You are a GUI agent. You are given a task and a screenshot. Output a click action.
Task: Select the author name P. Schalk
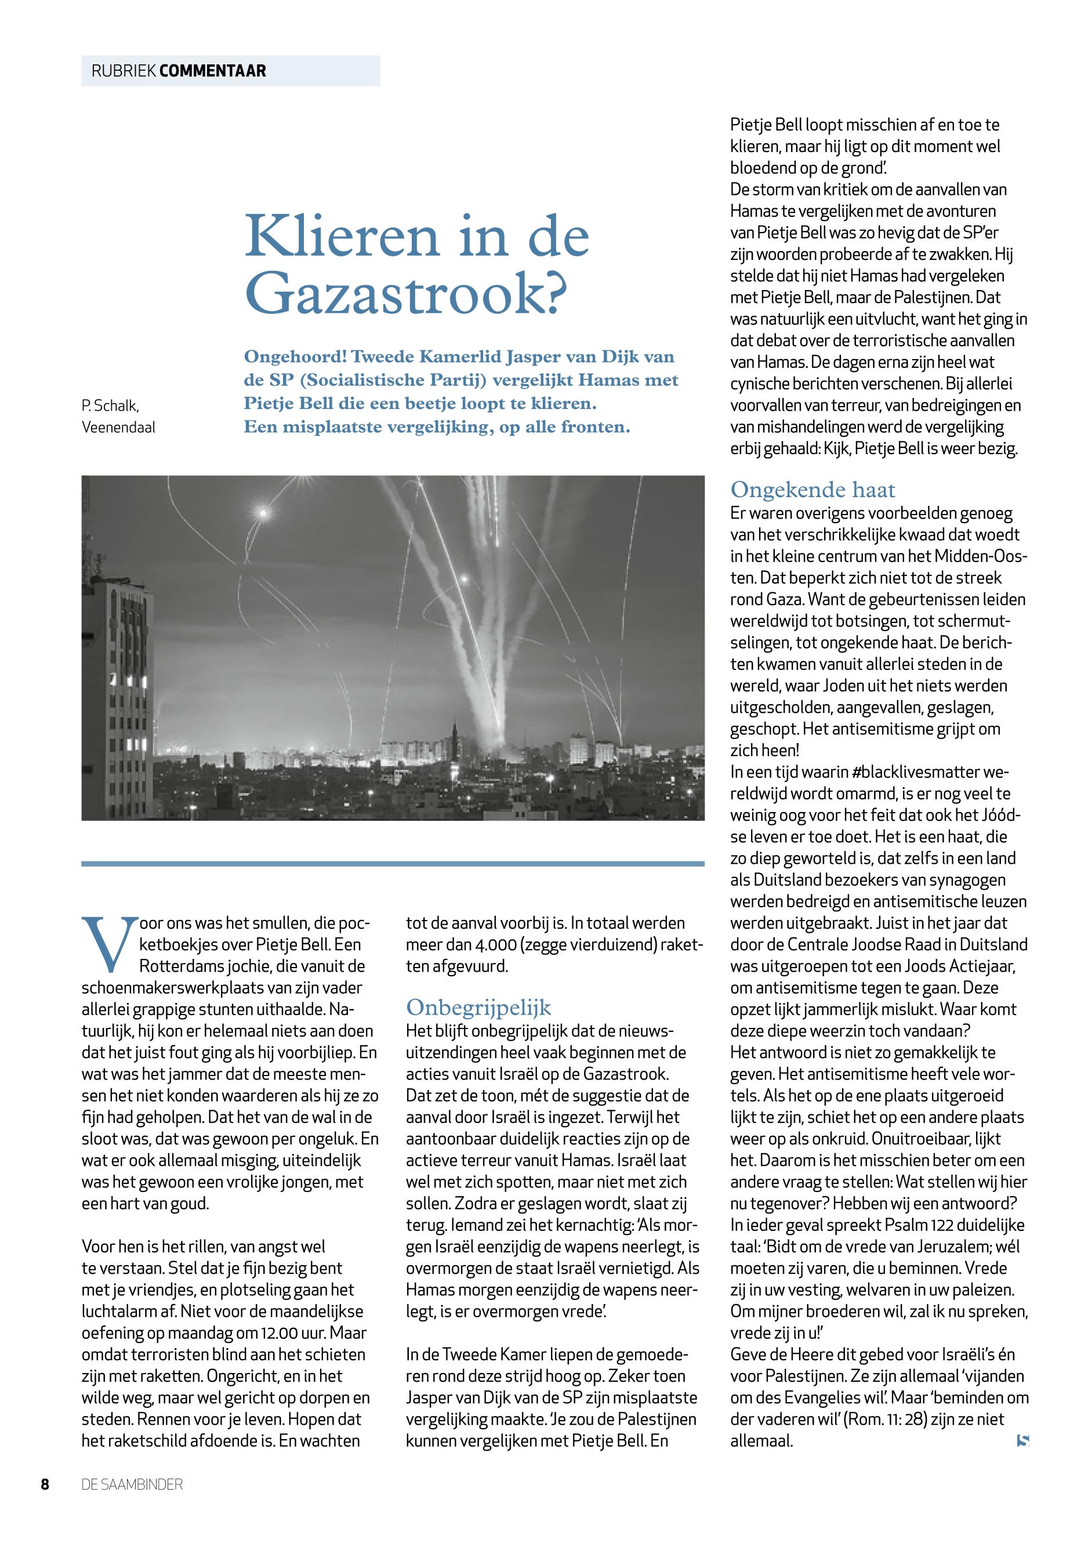(x=111, y=405)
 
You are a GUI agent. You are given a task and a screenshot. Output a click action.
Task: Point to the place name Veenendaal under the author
(x=118, y=427)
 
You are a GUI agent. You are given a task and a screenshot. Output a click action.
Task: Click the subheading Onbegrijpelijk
(x=478, y=1007)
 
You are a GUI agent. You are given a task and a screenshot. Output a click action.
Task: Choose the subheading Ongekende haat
(x=813, y=490)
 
